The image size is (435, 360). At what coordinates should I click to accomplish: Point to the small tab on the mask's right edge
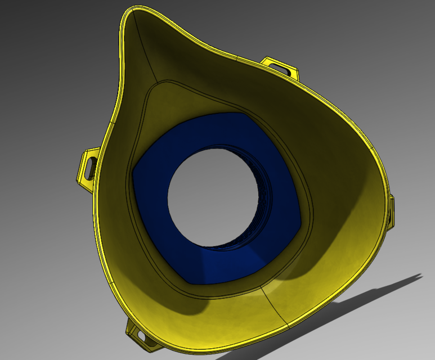[x=391, y=211]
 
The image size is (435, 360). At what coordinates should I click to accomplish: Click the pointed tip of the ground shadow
[x=421, y=275]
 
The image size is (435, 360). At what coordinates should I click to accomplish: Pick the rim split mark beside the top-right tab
[x=239, y=58]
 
